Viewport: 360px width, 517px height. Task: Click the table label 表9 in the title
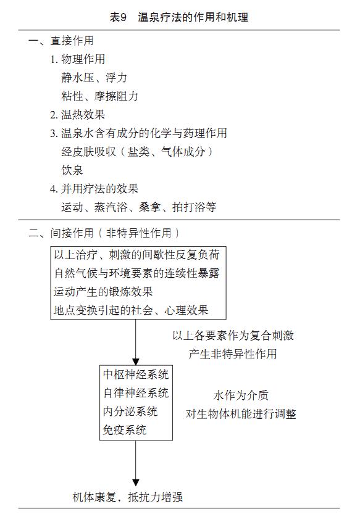tap(118, 17)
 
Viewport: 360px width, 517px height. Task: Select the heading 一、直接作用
tap(61, 41)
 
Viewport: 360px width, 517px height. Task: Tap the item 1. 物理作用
tap(78, 59)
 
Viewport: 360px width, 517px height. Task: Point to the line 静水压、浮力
tap(94, 78)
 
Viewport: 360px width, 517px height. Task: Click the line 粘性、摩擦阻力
tap(99, 96)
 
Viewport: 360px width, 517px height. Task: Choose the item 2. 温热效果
tap(78, 115)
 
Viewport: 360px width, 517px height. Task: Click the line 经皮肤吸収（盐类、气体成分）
tap(137, 152)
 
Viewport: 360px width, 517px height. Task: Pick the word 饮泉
tap(72, 170)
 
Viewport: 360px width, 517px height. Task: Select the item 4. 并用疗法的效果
tap(94, 189)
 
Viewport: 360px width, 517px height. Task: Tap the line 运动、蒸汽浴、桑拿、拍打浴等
tap(138, 207)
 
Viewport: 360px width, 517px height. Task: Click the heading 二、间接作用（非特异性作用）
tap(104, 233)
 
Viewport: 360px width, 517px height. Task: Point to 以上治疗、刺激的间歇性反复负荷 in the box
tap(136, 255)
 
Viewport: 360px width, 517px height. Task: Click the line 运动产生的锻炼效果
tap(103, 291)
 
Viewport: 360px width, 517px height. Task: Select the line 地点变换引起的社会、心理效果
tap(131, 310)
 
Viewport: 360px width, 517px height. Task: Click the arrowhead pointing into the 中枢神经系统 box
tap(136, 362)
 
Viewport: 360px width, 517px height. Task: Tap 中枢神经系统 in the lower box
tap(136, 374)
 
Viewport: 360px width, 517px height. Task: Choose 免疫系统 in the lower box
tap(125, 429)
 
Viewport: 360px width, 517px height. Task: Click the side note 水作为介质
tap(241, 395)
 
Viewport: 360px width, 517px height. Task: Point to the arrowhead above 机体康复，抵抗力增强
tap(136, 482)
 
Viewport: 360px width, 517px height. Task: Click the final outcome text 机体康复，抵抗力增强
tap(127, 497)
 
